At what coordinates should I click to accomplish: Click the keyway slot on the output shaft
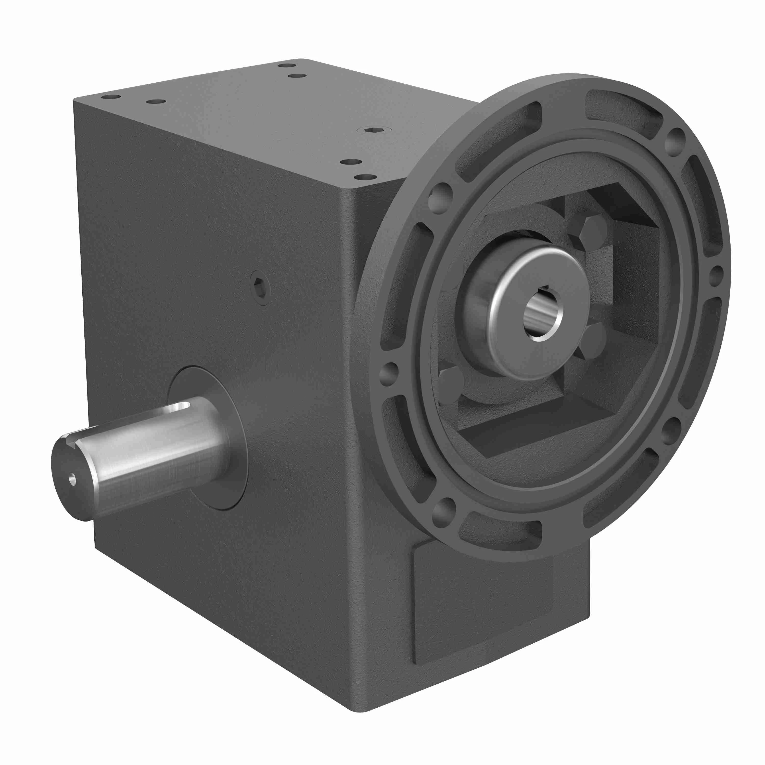pyautogui.click(x=179, y=406)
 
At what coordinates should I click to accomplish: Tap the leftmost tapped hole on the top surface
pyautogui.click(x=111, y=97)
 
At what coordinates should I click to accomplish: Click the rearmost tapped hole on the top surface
pyautogui.click(x=287, y=65)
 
